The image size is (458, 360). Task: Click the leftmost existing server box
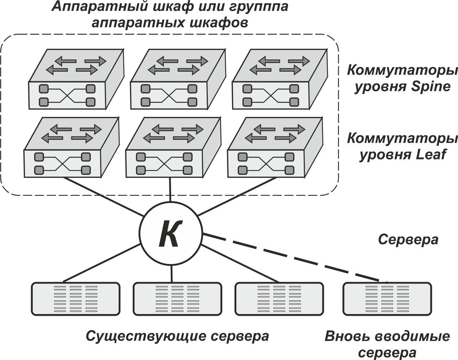[x=76, y=298]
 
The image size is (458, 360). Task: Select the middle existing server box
[x=177, y=298]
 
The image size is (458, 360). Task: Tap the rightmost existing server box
[x=279, y=298]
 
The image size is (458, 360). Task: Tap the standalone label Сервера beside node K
[x=408, y=240]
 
